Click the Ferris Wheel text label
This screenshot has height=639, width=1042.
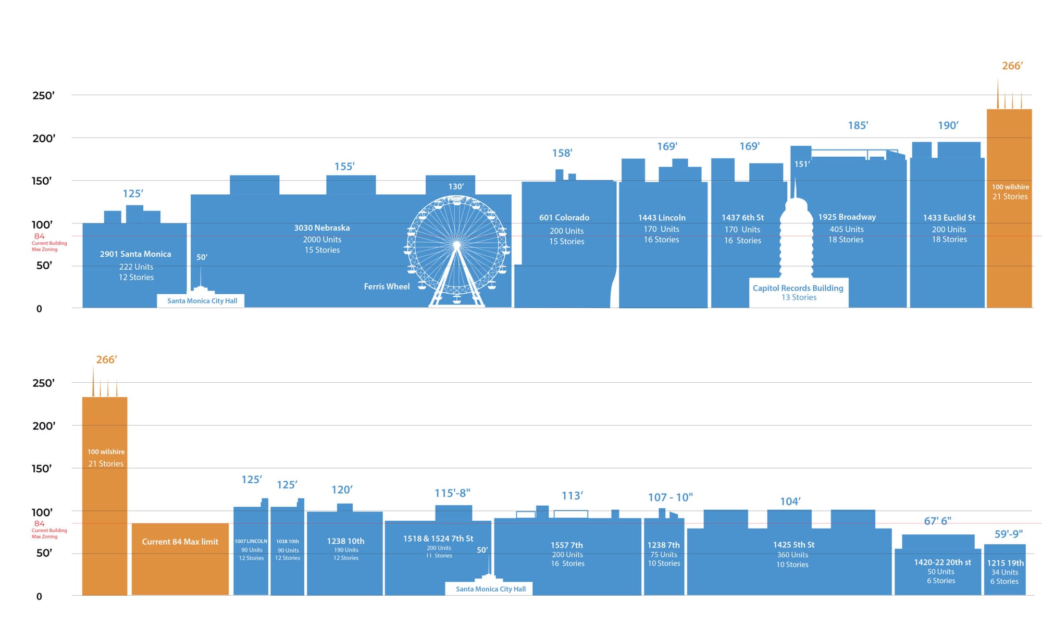(387, 286)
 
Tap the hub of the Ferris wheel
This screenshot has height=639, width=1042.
(457, 245)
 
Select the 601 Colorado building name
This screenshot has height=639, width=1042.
(564, 218)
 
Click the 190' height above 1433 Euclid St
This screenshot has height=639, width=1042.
(948, 126)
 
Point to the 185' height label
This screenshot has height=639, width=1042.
(858, 126)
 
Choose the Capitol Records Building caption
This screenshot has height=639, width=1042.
(798, 288)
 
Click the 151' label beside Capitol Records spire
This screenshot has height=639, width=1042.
(802, 165)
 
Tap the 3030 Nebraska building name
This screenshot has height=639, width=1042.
(322, 228)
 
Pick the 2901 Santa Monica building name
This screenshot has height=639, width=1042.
(135, 254)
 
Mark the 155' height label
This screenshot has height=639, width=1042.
(344, 167)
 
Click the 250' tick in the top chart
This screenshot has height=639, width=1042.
(43, 95)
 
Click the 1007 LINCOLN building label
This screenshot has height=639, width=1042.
(251, 542)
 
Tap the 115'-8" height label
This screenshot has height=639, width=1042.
(452, 493)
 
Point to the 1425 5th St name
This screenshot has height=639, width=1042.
(793, 545)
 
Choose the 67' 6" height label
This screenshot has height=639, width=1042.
(937, 521)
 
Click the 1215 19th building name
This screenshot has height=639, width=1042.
(1005, 563)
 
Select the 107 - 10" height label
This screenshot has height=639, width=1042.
(670, 497)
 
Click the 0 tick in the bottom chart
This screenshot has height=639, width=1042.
(39, 597)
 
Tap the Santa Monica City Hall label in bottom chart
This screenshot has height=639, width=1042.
(490, 589)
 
